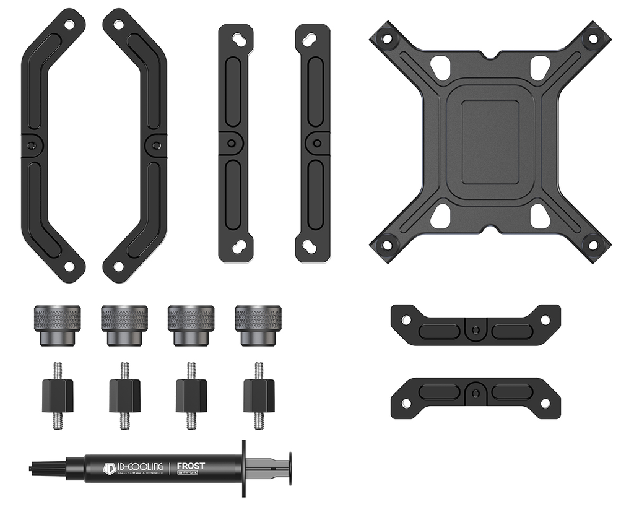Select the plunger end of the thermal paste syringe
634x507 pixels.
tap(288, 469)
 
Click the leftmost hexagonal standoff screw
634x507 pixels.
tap(58, 396)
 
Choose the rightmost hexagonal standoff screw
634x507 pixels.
tap(259, 396)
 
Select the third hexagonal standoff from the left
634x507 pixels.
tap(191, 396)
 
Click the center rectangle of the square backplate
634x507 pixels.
tap(490, 142)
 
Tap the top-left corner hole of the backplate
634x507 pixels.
tap(388, 38)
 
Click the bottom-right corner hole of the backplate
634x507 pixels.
tap(593, 245)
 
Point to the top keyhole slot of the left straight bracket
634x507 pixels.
tap(236, 38)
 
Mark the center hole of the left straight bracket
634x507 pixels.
tap(231, 143)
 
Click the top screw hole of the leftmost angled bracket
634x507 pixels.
tap(69, 25)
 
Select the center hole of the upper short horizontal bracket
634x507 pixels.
tap(475, 329)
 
